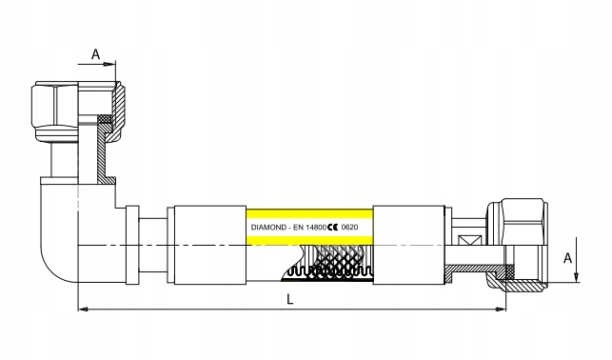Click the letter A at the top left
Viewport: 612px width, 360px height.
coord(95,54)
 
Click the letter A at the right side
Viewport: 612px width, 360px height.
coord(567,258)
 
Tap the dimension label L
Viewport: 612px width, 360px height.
coord(290,299)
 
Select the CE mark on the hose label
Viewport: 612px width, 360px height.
coord(333,228)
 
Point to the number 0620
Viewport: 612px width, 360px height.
coord(349,228)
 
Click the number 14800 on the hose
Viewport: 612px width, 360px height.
coord(315,228)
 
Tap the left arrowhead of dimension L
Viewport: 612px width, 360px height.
coord(83,310)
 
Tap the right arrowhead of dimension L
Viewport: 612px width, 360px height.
coord(502,310)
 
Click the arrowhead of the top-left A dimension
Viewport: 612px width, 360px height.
coord(110,64)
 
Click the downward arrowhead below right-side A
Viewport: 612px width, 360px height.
coord(577,277)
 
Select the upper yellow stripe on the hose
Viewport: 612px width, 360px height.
coord(309,214)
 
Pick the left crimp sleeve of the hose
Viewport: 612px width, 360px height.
coord(210,245)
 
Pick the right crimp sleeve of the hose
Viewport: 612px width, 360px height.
coord(409,245)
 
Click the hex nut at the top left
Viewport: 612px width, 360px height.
coord(55,110)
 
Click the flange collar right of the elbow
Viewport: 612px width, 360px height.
coord(132,245)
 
